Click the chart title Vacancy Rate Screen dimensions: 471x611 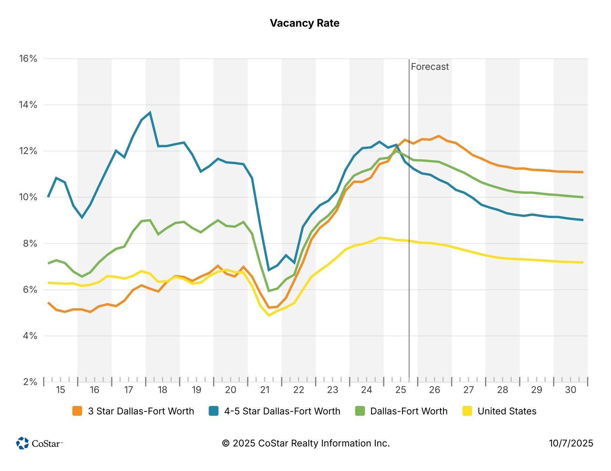coord(305,23)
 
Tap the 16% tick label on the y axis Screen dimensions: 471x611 coord(28,59)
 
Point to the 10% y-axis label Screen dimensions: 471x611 coord(28,197)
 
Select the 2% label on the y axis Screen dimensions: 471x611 coord(30,382)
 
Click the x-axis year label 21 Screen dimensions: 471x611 coord(265,390)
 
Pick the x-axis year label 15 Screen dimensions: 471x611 coord(60,390)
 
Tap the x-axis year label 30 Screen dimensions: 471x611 coord(571,390)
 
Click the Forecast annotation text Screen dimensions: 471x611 coord(430,67)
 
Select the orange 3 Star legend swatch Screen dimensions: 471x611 coord(77,411)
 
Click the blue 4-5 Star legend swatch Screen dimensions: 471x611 coord(213,411)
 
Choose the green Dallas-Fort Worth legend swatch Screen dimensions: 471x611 coord(360,411)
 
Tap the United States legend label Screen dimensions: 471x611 coord(507,411)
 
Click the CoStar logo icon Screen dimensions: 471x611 coord(23,443)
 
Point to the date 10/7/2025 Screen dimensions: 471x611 coord(571,443)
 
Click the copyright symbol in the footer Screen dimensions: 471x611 coord(226,443)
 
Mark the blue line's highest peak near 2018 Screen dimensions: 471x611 coord(150,113)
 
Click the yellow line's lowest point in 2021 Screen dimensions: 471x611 coord(269,315)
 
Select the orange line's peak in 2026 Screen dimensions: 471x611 coord(439,136)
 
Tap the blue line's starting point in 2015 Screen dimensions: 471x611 coord(48,196)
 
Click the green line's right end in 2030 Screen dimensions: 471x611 coord(583,197)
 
